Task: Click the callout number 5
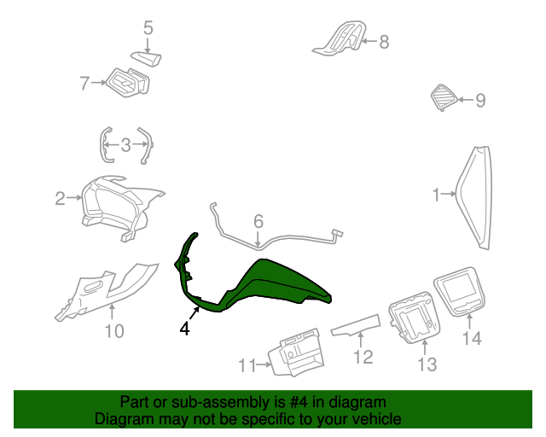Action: pyautogui.click(x=148, y=28)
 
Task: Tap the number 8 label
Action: pyautogui.click(x=384, y=41)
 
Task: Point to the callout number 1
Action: pyautogui.click(x=437, y=195)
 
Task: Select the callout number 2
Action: pyautogui.click(x=60, y=199)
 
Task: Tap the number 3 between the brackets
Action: pyautogui.click(x=125, y=144)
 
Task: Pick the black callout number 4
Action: pyautogui.click(x=184, y=327)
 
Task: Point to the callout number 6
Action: pyautogui.click(x=258, y=222)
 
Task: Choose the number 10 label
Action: pyautogui.click(x=114, y=330)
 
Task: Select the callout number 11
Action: pyautogui.click(x=247, y=366)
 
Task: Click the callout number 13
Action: pyautogui.click(x=427, y=365)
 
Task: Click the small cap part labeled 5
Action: pyautogui.click(x=147, y=58)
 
